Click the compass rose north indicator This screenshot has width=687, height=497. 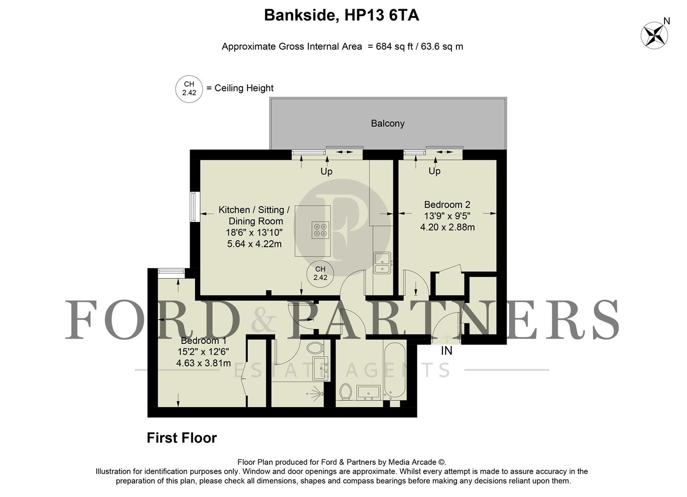(x=655, y=35)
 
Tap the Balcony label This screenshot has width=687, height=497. (x=387, y=123)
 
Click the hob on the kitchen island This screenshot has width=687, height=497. (x=320, y=230)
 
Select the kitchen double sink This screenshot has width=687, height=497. (x=382, y=263)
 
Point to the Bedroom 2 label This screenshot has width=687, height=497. (x=447, y=204)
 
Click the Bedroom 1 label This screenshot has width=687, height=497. (x=203, y=341)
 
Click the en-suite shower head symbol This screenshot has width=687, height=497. (x=316, y=393)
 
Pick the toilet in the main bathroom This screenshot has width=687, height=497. (x=346, y=392)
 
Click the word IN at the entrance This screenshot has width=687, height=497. (x=446, y=351)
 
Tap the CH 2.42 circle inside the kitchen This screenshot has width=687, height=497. (x=320, y=273)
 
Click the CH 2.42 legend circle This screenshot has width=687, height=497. (x=189, y=88)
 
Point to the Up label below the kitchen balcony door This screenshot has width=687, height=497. (x=326, y=171)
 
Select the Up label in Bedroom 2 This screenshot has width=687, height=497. (x=434, y=171)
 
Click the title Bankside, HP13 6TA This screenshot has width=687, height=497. (x=341, y=16)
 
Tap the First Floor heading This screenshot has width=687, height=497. (x=181, y=438)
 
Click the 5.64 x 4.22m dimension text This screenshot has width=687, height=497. (x=254, y=244)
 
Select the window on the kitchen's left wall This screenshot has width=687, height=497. (x=194, y=207)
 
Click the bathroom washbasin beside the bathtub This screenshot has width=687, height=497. (x=368, y=392)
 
